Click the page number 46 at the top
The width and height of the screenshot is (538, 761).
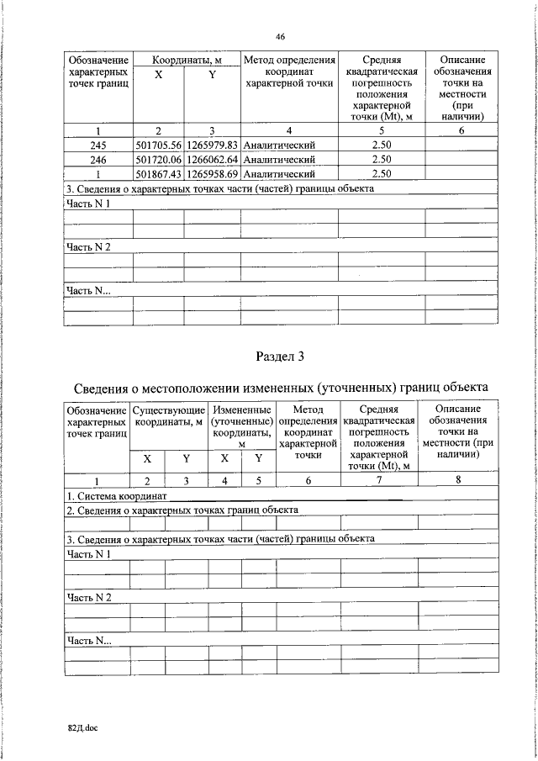[280, 35]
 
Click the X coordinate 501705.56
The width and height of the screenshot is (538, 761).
[158, 144]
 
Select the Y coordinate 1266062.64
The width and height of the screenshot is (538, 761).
[213, 159]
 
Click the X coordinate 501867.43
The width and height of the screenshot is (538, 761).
[158, 174]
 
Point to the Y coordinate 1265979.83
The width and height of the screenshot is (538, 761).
[213, 144]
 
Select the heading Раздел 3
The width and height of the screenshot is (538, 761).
[279, 357]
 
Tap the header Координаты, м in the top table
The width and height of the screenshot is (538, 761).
[187, 61]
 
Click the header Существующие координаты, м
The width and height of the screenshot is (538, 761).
[168, 415]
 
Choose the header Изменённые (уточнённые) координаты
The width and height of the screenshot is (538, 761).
[241, 425]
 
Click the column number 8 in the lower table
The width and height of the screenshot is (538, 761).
[457, 480]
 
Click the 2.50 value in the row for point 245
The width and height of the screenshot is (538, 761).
[382, 144]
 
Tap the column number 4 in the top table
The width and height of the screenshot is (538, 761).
[288, 130]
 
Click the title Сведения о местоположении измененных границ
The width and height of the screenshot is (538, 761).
[279, 388]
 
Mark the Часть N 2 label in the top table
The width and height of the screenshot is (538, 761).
[88, 246]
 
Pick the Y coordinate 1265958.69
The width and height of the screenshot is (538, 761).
[213, 174]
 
